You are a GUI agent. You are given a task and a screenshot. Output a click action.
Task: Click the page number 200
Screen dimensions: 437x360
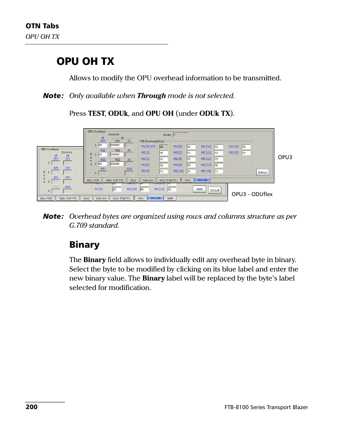[x=31, y=407]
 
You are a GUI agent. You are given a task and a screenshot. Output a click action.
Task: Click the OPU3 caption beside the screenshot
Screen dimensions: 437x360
[x=285, y=157]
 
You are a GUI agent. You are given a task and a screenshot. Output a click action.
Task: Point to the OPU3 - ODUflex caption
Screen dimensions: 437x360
[x=252, y=194]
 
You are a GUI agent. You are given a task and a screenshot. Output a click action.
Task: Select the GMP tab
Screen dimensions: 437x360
[x=170, y=198]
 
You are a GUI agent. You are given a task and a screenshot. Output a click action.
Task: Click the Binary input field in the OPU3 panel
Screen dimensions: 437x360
[x=180, y=135]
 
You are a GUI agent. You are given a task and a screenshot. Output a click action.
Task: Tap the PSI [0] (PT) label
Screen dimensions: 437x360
[x=148, y=147]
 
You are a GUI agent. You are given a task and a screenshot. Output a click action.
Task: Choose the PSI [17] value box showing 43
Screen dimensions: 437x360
[x=246, y=153]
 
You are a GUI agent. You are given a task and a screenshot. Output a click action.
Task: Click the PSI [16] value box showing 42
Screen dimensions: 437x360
[x=246, y=147]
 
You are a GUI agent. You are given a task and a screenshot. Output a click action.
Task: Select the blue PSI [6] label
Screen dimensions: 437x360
[x=178, y=147]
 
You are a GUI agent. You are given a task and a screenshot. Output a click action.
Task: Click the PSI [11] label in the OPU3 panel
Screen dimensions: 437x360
[x=206, y=147]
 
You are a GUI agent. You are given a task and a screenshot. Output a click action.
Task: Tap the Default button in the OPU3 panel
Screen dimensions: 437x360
[x=262, y=172]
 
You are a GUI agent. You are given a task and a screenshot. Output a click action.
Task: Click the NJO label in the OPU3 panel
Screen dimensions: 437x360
[x=129, y=169]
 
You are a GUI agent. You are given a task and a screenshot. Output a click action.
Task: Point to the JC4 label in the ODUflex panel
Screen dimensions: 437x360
[x=56, y=159]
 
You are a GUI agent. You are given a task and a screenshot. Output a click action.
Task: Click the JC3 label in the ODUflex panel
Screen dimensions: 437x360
[x=68, y=177]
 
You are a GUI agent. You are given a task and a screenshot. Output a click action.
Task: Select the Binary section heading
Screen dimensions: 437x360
[x=85, y=245]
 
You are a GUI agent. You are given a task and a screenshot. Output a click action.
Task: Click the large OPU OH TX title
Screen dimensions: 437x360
[x=85, y=61]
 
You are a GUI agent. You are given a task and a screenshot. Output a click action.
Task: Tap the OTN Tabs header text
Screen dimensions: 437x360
[x=42, y=26]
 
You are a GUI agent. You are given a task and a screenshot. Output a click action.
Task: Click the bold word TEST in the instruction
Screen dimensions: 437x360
[x=96, y=113]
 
